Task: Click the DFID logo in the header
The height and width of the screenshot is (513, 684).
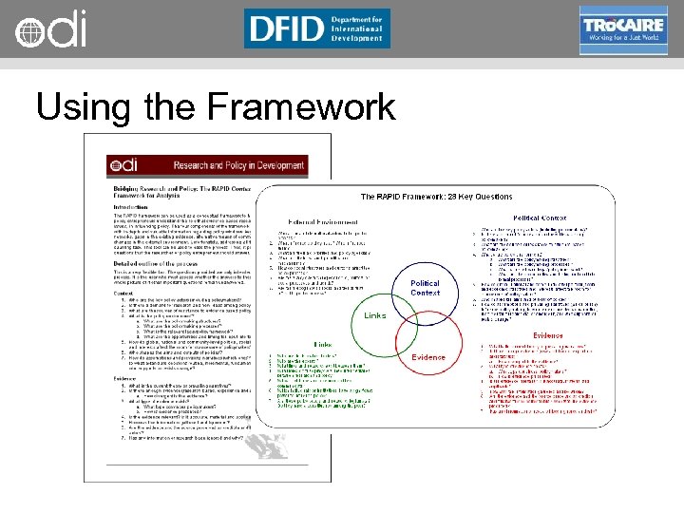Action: (316, 28)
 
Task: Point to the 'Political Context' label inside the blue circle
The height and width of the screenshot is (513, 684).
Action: (425, 288)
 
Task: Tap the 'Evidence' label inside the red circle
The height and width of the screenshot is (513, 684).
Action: (427, 357)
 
